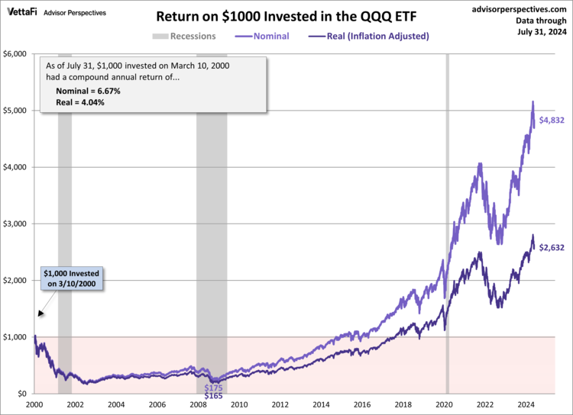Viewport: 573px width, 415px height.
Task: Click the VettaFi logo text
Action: coord(21,12)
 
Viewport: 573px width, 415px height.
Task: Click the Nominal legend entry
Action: coord(264,36)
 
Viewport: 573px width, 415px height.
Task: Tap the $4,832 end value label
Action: coord(552,121)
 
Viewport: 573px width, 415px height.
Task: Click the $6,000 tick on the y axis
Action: coord(16,54)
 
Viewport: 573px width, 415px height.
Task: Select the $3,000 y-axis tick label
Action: coord(16,224)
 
